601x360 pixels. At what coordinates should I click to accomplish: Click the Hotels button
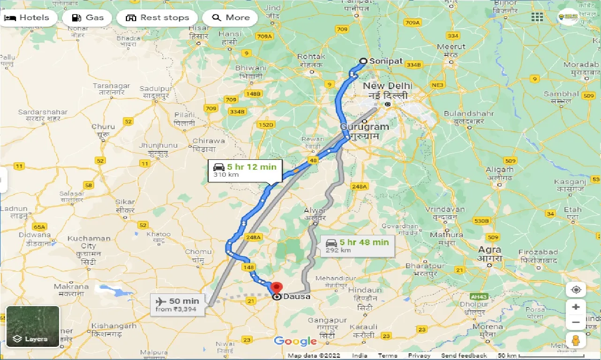(28, 18)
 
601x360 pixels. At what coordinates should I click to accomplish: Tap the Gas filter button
(88, 18)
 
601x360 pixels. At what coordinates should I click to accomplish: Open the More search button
(231, 18)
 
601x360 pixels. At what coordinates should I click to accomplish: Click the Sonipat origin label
(385, 61)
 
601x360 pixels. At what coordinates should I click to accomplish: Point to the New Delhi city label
(387, 86)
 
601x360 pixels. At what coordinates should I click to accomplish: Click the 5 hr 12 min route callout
(245, 170)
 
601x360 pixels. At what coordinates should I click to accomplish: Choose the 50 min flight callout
(177, 304)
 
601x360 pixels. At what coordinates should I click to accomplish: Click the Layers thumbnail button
(32, 326)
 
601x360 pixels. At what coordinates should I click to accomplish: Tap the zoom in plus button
(576, 307)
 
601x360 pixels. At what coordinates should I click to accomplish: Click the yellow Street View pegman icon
(576, 339)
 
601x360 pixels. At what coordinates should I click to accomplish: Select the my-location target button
(576, 290)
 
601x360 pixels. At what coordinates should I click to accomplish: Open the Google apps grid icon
(537, 17)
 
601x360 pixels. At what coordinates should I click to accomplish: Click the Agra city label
(489, 250)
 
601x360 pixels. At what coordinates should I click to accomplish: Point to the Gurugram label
(364, 127)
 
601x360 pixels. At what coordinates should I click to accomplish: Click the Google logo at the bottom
(295, 342)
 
